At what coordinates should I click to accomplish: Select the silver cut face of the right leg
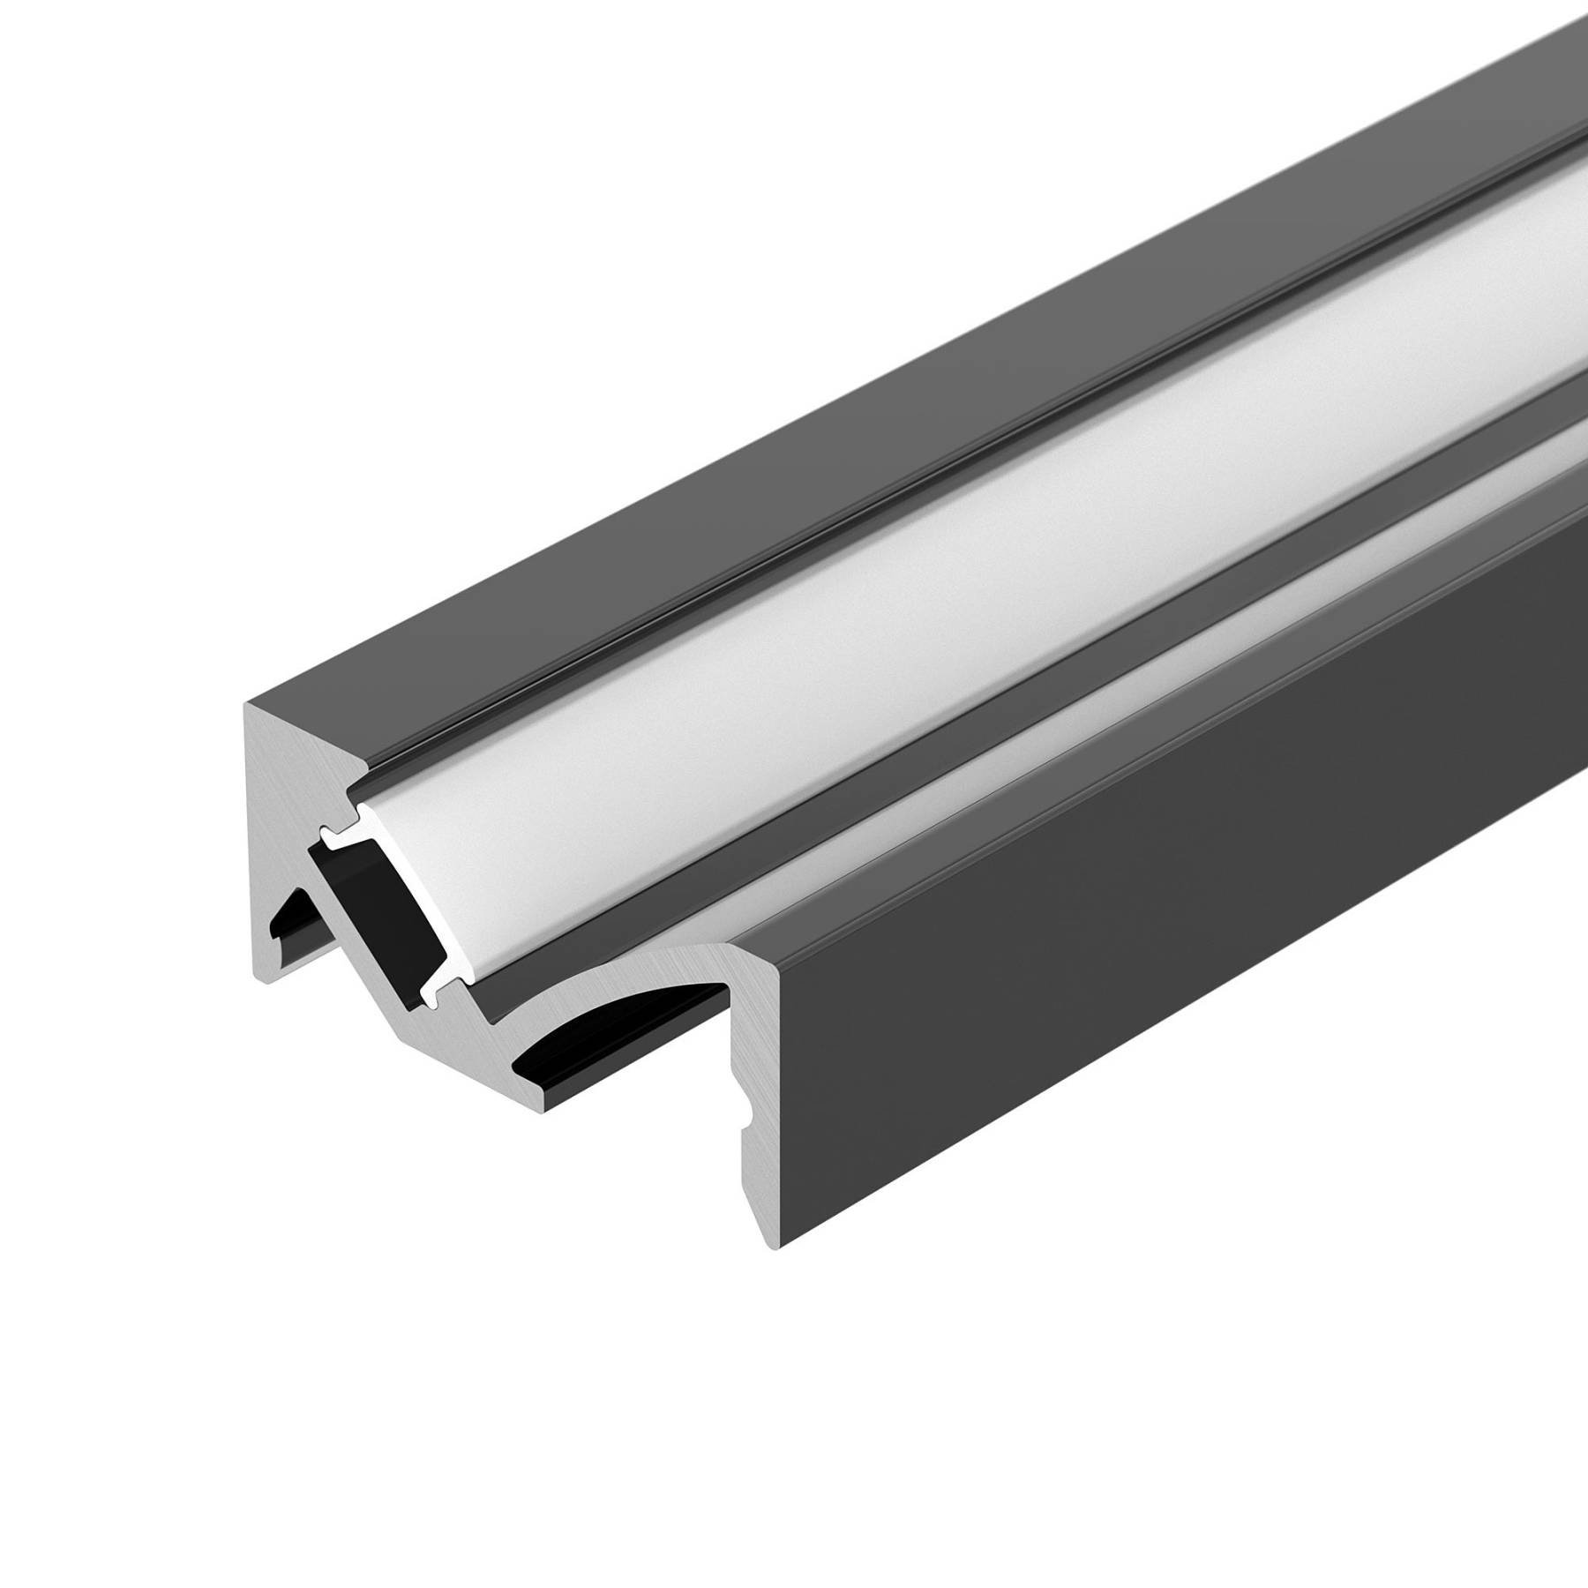745,1059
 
